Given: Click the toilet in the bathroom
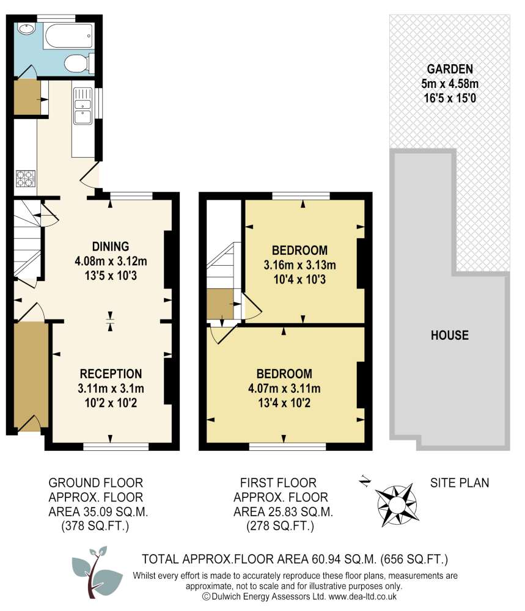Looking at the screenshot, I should [78, 62].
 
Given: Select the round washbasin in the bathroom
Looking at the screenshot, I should [27, 29].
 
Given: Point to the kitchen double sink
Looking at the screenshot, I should [81, 108].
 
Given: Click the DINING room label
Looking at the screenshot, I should [110, 247].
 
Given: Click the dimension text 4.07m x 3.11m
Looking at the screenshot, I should [284, 388].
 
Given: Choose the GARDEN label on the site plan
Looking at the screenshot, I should [450, 68].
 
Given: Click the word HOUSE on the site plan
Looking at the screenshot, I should [449, 335].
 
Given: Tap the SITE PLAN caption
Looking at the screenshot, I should [460, 483].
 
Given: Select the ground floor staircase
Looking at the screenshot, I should [27, 241].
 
